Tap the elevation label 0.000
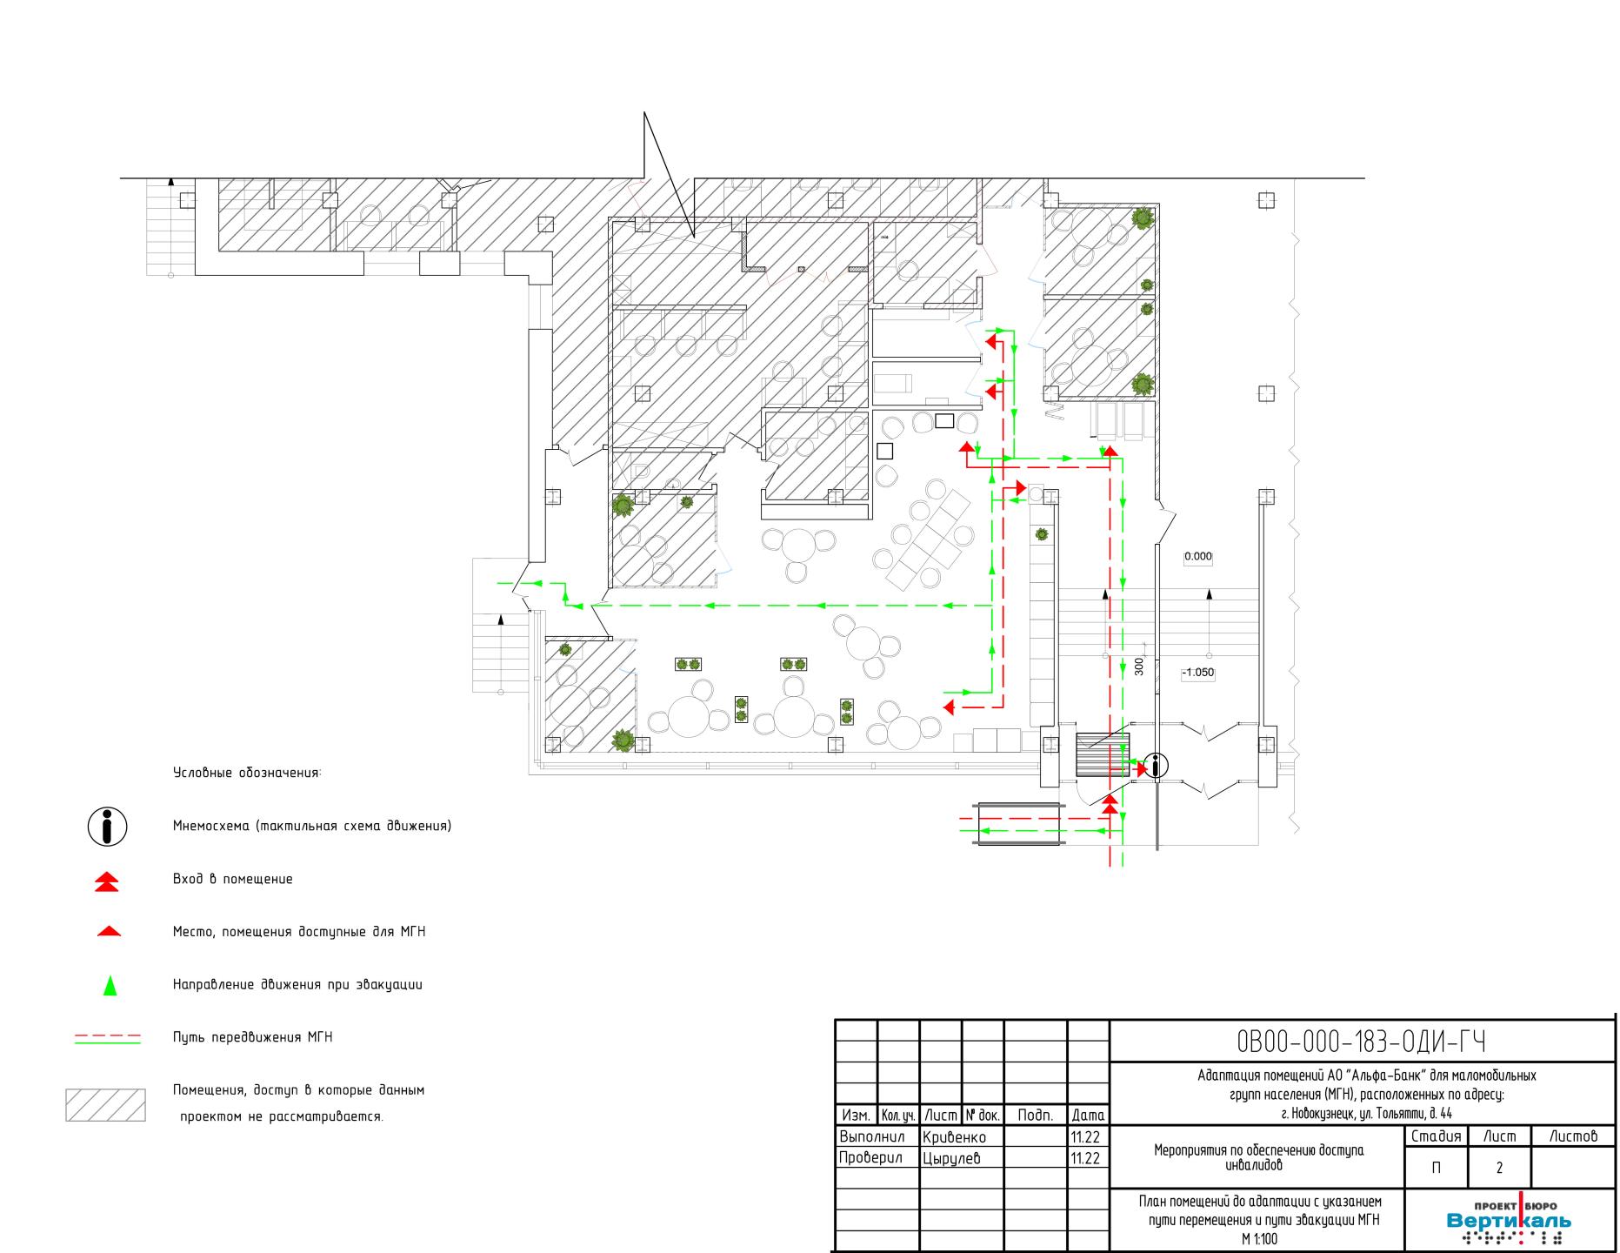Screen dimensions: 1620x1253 [x=1198, y=557]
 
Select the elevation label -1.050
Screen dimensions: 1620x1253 [x=1197, y=673]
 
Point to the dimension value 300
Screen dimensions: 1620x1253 [x=1139, y=667]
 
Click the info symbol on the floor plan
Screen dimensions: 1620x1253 [x=1156, y=766]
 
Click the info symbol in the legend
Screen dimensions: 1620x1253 [x=108, y=826]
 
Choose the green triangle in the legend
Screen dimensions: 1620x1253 [x=110, y=986]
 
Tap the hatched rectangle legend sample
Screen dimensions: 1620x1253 [x=105, y=1104]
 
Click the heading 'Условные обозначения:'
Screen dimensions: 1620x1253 [x=247, y=773]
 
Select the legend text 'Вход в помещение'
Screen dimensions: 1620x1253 [x=233, y=879]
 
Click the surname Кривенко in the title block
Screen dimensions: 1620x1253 [x=955, y=1137]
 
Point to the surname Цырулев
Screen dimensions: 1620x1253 [x=951, y=1158]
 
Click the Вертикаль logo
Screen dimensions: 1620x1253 [x=1509, y=1221]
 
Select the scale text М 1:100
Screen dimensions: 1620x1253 [x=1259, y=1240]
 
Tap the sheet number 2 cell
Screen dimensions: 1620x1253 [x=1499, y=1168]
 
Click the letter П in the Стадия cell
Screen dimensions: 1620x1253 [x=1436, y=1168]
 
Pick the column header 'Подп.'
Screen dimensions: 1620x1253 [x=1035, y=1116]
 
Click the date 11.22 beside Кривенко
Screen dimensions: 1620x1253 [x=1085, y=1137]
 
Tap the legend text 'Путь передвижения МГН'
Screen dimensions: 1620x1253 [x=253, y=1037]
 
